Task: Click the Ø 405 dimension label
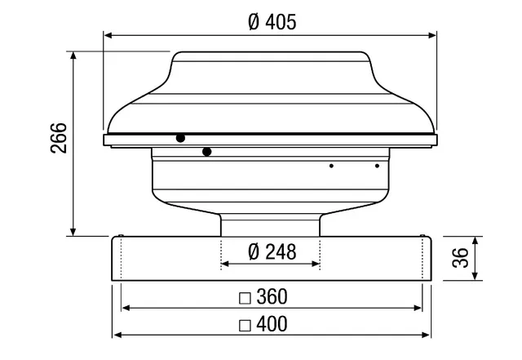pos(272,22)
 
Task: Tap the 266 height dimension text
pos(59,138)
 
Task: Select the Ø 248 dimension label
pos(272,252)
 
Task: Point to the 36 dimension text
pos(460,258)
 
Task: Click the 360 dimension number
pos(272,296)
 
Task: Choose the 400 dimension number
pos(272,323)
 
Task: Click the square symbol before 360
pos(245,298)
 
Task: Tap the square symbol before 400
pos(245,326)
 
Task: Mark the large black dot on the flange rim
pos(180,138)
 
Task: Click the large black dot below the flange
pos(206,152)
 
